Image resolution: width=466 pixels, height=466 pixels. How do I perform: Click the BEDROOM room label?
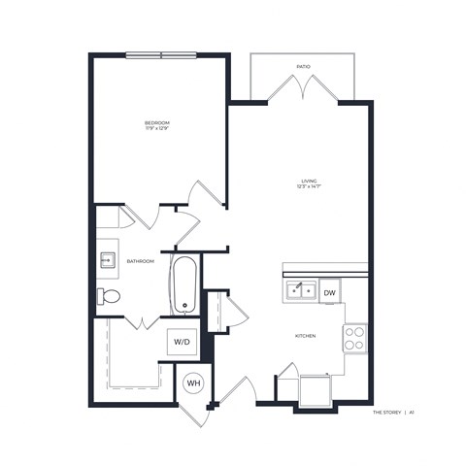pos(157,122)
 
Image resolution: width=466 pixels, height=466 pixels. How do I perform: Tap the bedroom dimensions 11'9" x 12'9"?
pos(157,129)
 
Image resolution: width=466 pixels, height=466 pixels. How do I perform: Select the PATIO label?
pos(304,67)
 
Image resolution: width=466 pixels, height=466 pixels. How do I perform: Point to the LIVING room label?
pos(310,180)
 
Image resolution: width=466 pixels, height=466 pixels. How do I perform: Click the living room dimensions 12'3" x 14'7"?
pos(310,186)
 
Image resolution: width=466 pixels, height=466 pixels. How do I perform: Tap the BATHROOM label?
pos(142,261)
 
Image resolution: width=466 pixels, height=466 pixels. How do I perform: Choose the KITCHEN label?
pos(306,336)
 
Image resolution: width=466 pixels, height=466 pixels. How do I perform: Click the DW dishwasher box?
pos(330,291)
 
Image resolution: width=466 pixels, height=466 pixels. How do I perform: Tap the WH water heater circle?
pos(192,383)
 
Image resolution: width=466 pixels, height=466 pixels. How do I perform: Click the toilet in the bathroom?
pos(108,296)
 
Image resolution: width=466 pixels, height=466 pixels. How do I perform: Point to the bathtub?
pos(185,283)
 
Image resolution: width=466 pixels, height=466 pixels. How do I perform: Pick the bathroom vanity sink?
pos(107,259)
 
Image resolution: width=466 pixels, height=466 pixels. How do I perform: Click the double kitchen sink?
pos(300,289)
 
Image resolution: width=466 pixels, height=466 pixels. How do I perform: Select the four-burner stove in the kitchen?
pos(355,338)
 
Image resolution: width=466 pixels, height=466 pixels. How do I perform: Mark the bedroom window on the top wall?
pos(160,54)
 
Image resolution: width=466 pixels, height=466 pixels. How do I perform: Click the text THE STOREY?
pos(387,413)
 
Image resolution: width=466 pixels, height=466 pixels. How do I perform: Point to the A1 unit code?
pos(412,413)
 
